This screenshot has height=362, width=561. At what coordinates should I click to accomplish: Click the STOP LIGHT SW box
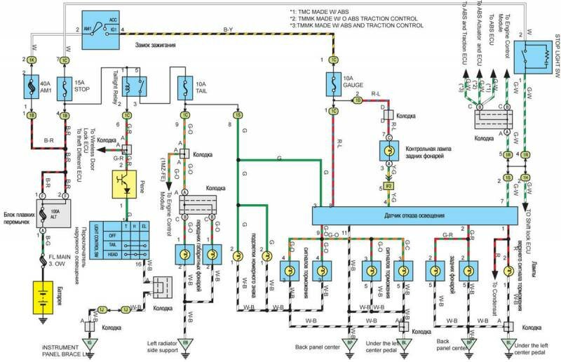(x=534, y=55)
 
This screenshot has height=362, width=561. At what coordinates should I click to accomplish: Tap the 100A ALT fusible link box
(x=45, y=209)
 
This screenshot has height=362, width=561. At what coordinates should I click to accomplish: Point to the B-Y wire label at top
(x=229, y=29)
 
